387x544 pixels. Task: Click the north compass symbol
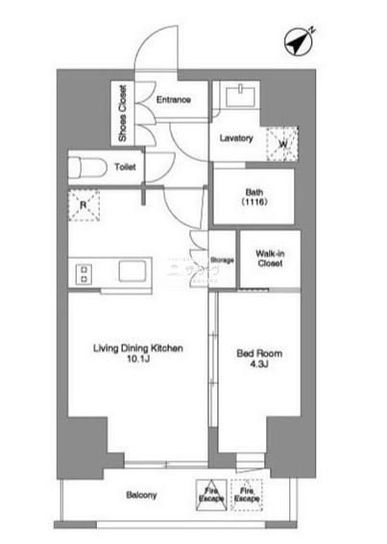tap(299, 42)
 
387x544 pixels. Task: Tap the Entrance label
tap(174, 100)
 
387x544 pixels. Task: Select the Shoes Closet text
tap(123, 113)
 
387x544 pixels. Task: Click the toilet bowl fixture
tap(88, 168)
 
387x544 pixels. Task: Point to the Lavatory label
tap(236, 138)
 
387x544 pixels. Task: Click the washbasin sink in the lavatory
tap(240, 96)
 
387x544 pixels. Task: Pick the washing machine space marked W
tap(282, 144)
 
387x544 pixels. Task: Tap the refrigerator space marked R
tap(84, 205)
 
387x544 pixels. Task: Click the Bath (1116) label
tap(254, 197)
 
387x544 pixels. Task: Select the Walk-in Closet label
tap(270, 258)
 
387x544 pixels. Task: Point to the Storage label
tap(222, 260)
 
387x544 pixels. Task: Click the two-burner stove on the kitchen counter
tap(84, 274)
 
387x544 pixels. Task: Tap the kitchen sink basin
tap(132, 271)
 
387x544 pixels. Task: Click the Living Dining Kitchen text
tap(138, 348)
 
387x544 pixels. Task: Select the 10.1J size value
tap(138, 359)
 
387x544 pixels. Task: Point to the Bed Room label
tap(259, 353)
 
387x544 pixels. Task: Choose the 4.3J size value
tap(259, 364)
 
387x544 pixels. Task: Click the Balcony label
tap(141, 495)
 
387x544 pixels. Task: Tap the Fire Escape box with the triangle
tap(211, 495)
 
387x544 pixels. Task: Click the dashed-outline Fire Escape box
tap(247, 495)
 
